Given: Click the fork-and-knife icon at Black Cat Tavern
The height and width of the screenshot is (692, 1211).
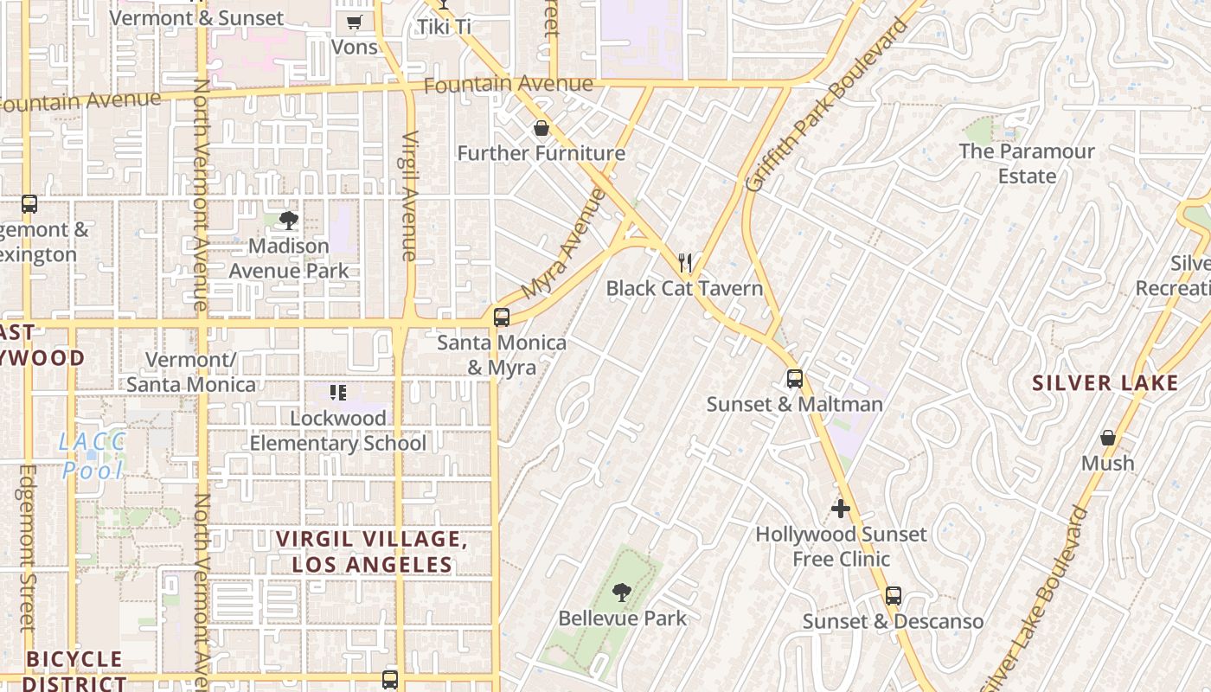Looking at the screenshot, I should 685,262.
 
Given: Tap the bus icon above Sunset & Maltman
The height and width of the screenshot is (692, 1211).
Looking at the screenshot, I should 794,379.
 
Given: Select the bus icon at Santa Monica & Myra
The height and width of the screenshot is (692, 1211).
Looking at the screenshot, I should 502,317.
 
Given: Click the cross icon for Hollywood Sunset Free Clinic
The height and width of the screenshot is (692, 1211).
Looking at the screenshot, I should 840,509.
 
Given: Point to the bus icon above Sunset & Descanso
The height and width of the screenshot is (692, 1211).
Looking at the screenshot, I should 894,596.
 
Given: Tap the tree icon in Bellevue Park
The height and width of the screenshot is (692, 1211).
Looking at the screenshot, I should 621,593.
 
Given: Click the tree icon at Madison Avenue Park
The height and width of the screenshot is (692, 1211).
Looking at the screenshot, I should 289,221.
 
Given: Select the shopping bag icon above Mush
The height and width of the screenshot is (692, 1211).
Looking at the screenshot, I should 1107,438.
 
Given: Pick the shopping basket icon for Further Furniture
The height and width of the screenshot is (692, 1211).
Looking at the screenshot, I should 541,129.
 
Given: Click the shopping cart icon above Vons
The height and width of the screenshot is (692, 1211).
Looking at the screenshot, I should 354,22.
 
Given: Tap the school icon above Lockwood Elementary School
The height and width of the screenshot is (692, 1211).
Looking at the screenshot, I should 338,393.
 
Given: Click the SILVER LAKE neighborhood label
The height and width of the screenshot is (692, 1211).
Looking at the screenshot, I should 1105,383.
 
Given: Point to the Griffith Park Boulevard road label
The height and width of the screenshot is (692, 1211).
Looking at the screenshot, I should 828,106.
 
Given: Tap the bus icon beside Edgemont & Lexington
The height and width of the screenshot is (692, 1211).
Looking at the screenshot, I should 29,204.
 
